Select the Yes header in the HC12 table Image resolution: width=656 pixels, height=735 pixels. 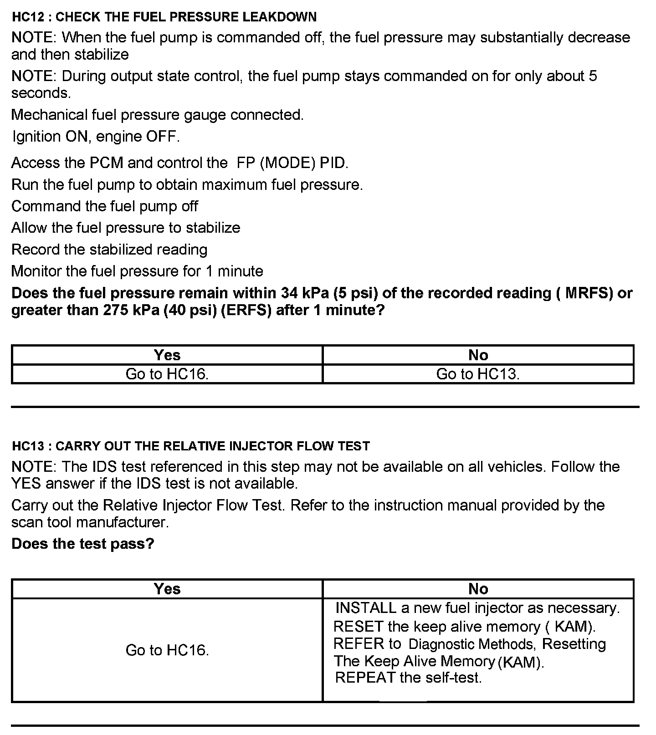(x=167, y=355)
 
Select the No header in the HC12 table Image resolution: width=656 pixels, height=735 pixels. (x=478, y=355)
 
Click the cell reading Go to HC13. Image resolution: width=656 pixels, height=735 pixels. (x=478, y=374)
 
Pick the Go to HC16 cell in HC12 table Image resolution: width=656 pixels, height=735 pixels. (x=167, y=374)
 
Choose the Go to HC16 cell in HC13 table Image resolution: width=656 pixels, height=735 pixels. (x=167, y=650)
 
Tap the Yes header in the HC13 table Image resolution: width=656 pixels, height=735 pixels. (x=167, y=589)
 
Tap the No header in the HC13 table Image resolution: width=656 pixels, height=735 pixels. (x=478, y=589)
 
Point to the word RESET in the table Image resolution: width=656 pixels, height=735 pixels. (x=358, y=627)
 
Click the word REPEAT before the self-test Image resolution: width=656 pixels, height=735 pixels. (x=365, y=678)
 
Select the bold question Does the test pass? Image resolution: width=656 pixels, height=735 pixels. (x=83, y=543)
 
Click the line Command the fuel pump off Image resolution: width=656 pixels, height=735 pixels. (x=105, y=206)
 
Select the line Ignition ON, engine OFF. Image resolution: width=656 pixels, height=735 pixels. (x=96, y=136)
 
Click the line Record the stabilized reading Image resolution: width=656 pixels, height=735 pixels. (x=109, y=250)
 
